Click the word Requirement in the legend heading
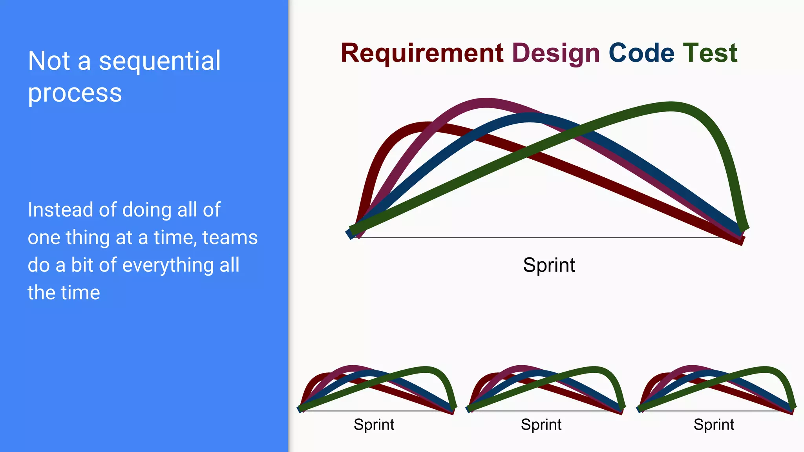click(x=422, y=53)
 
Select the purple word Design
click(x=556, y=54)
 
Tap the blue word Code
click(x=641, y=53)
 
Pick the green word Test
click(x=710, y=53)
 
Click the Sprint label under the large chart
click(x=549, y=265)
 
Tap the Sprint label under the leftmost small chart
click(x=374, y=425)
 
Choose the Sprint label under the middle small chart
click(x=541, y=425)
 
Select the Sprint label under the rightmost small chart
click(x=714, y=425)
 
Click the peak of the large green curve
click(x=671, y=107)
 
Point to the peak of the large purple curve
click(x=486, y=103)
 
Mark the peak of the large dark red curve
click(x=426, y=127)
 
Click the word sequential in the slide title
click(x=159, y=61)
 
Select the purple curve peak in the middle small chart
click(x=521, y=368)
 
